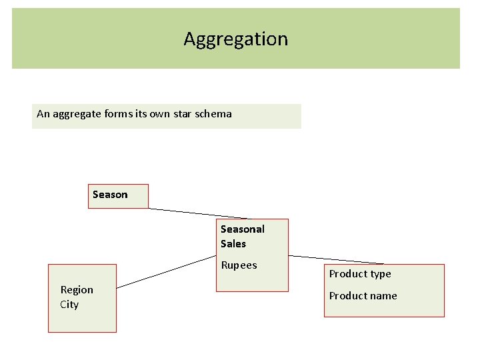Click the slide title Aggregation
[x=236, y=39]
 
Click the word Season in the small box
[x=110, y=195]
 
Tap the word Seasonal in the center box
[x=243, y=229]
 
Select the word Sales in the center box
[x=233, y=244]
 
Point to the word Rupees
[x=239, y=265]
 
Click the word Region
[x=77, y=290]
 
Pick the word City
[x=69, y=305]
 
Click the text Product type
[x=360, y=274]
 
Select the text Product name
[x=363, y=296]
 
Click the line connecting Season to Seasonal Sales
[x=197, y=213]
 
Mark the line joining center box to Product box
[x=337, y=259]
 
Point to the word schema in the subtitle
[x=215, y=114]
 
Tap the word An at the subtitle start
[x=43, y=114]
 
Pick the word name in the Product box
[x=383, y=296]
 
